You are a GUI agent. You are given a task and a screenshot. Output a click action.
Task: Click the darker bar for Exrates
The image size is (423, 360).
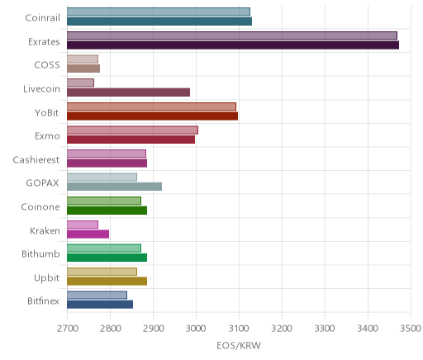click(x=233, y=45)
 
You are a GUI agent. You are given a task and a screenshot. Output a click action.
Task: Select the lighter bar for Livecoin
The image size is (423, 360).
click(x=80, y=83)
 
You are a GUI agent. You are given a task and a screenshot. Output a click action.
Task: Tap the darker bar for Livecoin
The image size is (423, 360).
click(x=128, y=92)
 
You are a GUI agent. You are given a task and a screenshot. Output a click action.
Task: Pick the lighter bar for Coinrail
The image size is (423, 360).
click(x=159, y=12)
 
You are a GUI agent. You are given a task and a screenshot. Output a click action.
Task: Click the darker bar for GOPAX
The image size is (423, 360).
click(x=114, y=187)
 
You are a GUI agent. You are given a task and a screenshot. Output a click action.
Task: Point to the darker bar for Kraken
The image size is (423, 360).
click(x=88, y=234)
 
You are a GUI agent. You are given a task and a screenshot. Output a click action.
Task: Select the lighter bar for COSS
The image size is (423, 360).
click(x=83, y=59)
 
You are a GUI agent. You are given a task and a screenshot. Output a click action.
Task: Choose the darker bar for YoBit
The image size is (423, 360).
click(x=152, y=116)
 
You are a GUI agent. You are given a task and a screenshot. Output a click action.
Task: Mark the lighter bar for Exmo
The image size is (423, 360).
click(x=132, y=130)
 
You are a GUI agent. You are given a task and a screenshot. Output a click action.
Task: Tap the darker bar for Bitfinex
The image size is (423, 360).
click(x=100, y=305)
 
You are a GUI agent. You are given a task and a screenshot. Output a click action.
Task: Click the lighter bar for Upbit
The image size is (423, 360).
click(x=102, y=272)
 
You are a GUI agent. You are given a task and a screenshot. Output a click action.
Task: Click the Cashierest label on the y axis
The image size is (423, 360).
click(x=36, y=159)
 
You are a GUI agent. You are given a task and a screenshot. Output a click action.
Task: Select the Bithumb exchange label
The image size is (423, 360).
click(x=40, y=253)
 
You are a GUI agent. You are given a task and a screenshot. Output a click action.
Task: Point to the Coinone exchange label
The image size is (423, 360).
click(x=40, y=206)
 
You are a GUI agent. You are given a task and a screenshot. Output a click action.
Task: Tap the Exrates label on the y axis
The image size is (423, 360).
click(x=44, y=41)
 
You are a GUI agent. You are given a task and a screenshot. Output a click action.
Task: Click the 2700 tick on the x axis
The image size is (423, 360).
click(x=68, y=329)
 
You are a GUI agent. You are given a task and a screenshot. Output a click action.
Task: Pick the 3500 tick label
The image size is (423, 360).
click(x=411, y=329)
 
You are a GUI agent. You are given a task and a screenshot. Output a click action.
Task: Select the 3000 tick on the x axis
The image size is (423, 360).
click(x=196, y=329)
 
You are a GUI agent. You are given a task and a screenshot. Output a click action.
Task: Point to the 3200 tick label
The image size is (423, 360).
click(x=282, y=329)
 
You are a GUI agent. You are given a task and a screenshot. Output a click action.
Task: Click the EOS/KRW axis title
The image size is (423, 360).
click(x=239, y=345)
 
